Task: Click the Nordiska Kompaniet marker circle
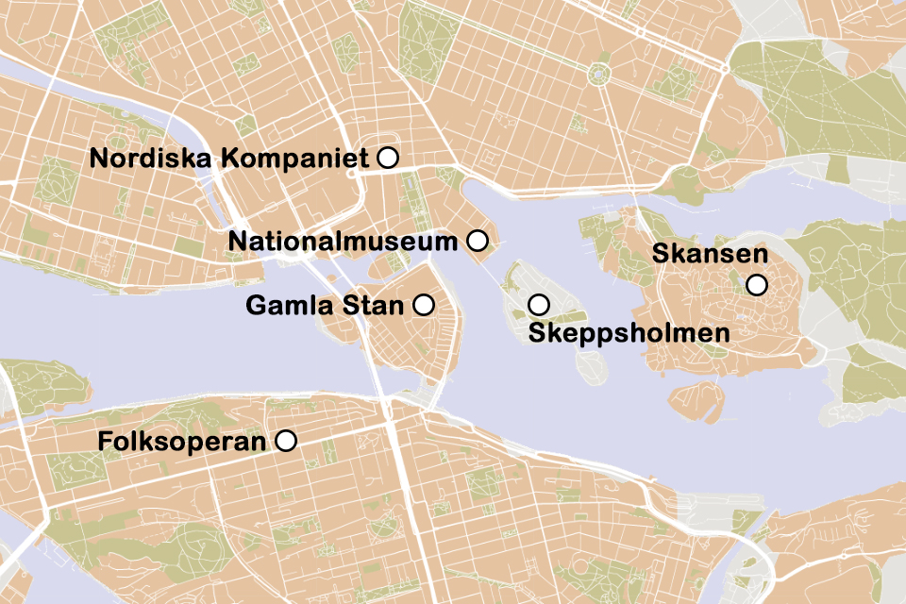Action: (387, 159)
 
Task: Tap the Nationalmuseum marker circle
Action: (478, 242)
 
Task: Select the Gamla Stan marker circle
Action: (424, 305)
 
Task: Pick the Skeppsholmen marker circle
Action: (539, 305)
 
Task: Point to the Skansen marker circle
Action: (756, 285)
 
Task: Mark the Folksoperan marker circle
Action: (285, 441)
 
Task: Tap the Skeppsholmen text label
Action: (629, 333)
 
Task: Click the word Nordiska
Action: (151, 159)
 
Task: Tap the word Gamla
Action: (282, 306)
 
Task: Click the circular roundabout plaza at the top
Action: (597, 75)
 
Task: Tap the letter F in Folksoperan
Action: (104, 442)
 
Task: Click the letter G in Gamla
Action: (255, 306)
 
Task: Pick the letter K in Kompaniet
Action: (229, 159)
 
